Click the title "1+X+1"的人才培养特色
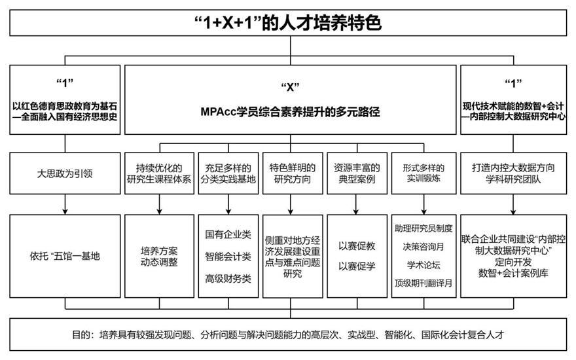pos(288,24)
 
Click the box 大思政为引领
pos(65,174)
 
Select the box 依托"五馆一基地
pos(65,256)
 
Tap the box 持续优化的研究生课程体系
pos(159,173)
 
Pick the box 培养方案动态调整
pos(159,255)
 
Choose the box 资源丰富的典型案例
pos(357,173)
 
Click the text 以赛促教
pos(357,245)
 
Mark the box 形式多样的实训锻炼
pos(423,173)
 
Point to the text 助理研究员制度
pos(423,228)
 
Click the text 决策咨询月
pos(423,247)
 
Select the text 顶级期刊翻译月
pos(423,283)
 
